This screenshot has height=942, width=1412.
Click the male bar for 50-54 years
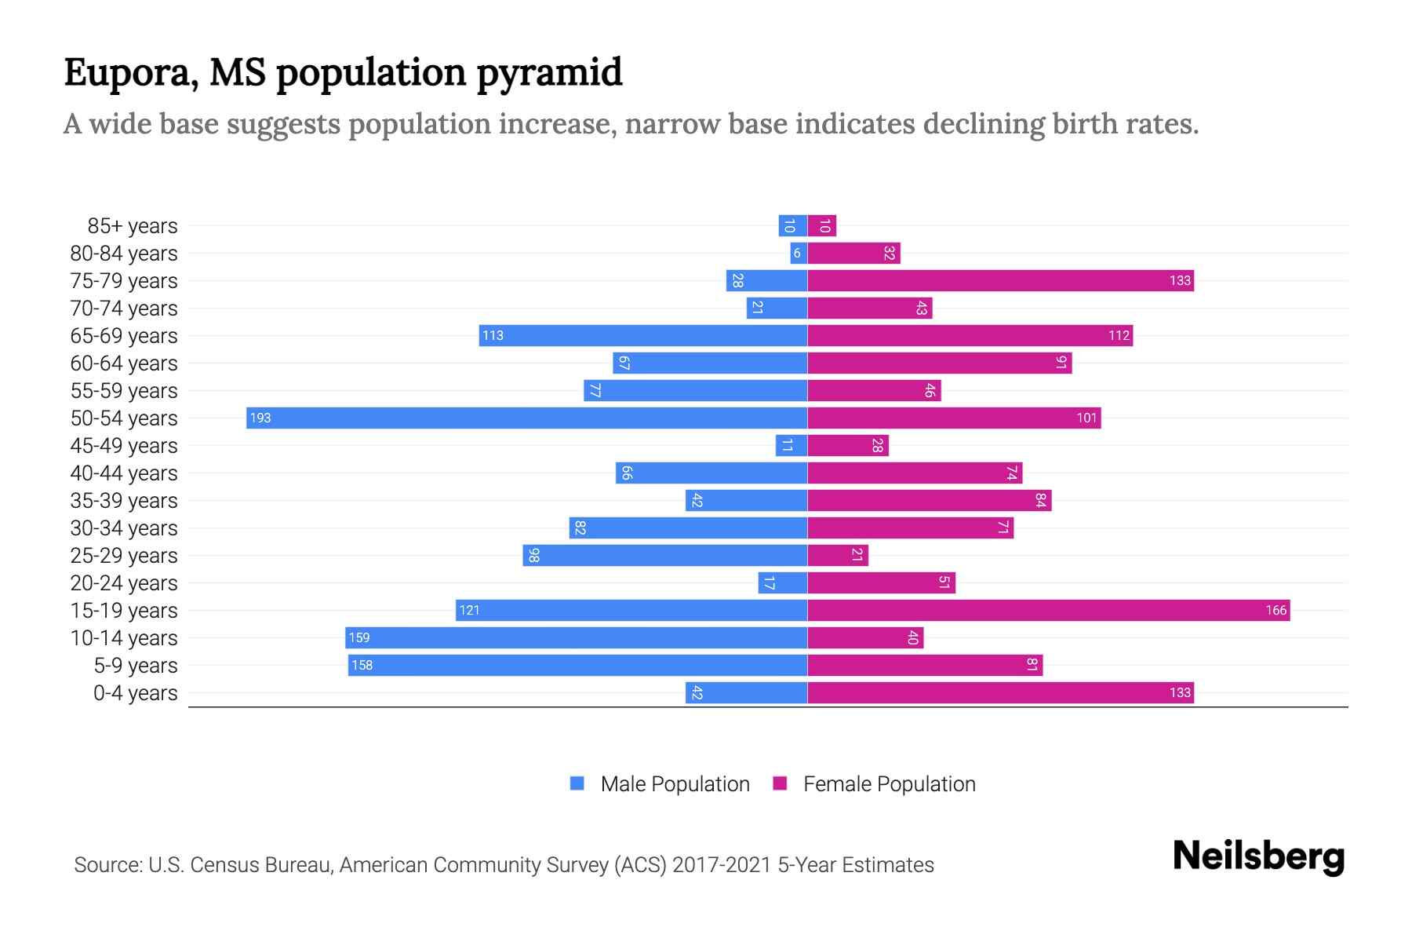(526, 418)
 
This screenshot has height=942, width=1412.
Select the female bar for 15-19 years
(1048, 610)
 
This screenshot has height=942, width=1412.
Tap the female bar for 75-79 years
(1000, 280)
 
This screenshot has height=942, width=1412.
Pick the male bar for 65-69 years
(643, 335)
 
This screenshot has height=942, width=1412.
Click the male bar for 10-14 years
(576, 637)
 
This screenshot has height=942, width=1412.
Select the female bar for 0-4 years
(1000, 692)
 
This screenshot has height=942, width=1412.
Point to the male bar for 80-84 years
(799, 253)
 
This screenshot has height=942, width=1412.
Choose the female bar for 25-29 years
(838, 555)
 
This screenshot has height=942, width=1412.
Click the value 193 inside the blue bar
(260, 418)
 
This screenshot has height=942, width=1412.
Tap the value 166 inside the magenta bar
(1276, 610)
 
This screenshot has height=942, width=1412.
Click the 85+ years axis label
(132, 226)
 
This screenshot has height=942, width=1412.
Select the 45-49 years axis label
(124, 446)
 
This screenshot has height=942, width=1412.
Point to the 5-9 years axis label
(135, 666)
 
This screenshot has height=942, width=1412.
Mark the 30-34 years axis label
(124, 528)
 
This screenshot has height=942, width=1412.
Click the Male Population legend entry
(674, 783)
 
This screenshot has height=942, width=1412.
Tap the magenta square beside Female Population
(780, 783)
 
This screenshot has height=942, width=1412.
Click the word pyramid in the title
(549, 73)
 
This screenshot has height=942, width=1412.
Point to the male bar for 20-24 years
(782, 582)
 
